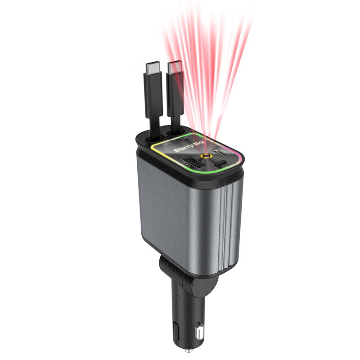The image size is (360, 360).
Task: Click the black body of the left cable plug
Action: pos(152,94)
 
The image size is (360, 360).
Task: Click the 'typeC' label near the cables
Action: pos(185,135)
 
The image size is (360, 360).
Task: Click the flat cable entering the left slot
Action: pos(156,128)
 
